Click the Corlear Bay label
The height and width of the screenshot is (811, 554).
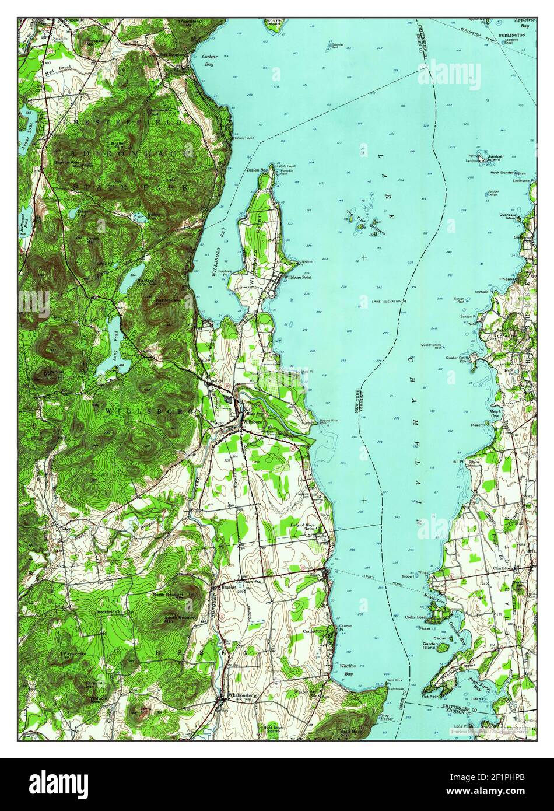[208, 60]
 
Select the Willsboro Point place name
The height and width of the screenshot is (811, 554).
[297, 277]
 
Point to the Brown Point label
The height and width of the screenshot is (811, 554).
[244, 138]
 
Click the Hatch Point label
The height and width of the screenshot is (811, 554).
[286, 166]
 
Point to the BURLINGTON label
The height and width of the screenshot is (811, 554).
[511, 35]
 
